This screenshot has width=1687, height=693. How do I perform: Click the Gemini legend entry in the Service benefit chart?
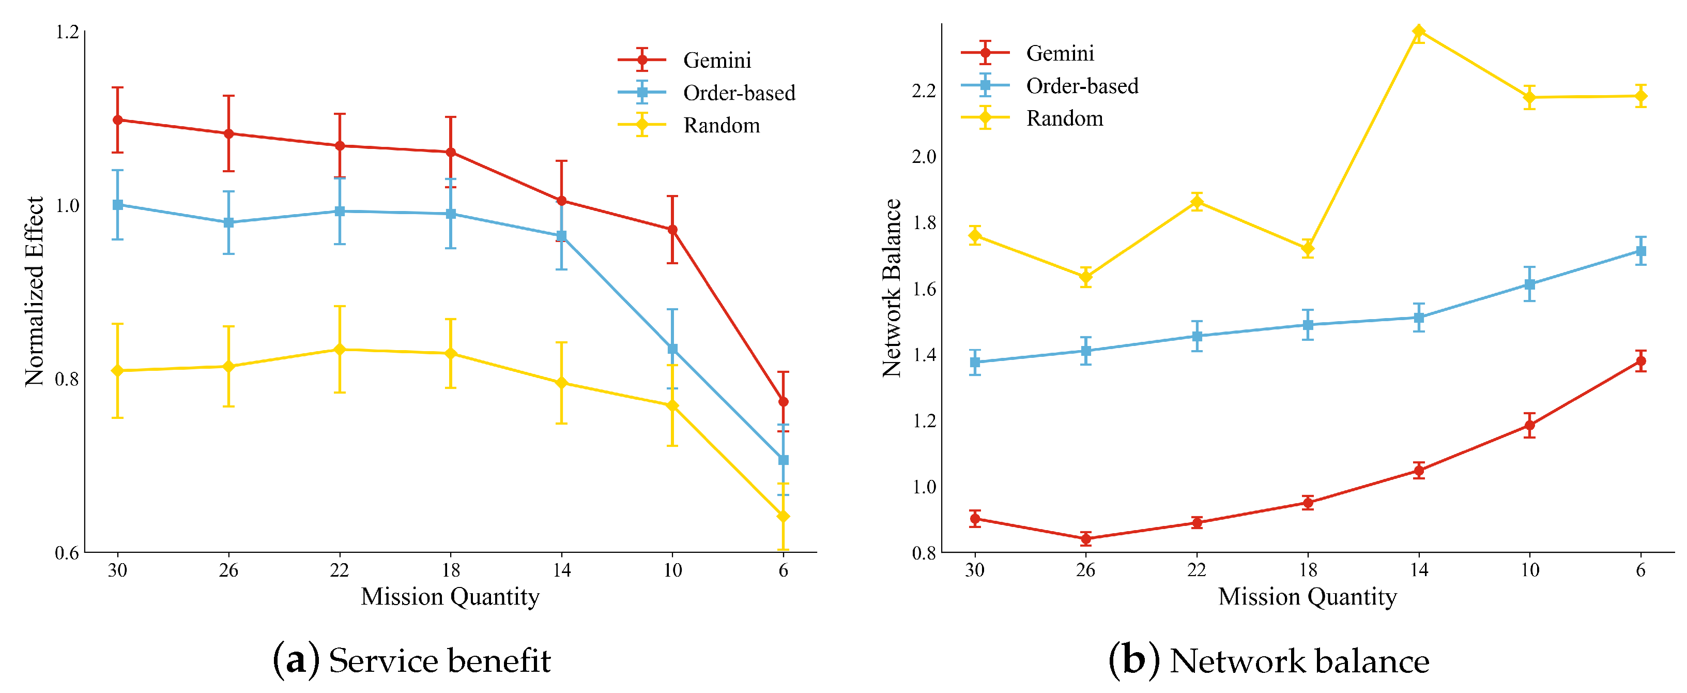pyautogui.click(x=716, y=61)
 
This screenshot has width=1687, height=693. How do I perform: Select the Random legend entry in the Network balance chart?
pyautogui.click(x=1064, y=118)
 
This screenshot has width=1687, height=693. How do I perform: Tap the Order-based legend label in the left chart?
pyautogui.click(x=739, y=93)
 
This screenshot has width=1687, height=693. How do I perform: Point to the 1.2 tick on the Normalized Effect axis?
pyautogui.click(x=67, y=32)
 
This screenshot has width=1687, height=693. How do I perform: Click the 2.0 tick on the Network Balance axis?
pyautogui.click(x=924, y=157)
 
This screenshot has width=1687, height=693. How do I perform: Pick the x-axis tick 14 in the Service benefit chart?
pyautogui.click(x=561, y=570)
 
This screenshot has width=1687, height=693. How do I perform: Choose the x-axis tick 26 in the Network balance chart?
pyautogui.click(x=1085, y=570)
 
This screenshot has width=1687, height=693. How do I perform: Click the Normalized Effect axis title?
pyautogui.click(x=34, y=292)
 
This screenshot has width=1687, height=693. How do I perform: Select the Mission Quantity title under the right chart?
pyautogui.click(x=1307, y=597)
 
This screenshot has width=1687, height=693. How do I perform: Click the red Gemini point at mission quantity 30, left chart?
pyautogui.click(x=118, y=120)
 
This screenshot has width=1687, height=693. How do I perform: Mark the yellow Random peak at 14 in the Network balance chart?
pyautogui.click(x=1418, y=32)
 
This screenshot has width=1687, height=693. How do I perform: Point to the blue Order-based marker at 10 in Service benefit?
pyautogui.click(x=672, y=349)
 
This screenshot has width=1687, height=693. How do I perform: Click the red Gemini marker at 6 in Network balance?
pyautogui.click(x=1640, y=361)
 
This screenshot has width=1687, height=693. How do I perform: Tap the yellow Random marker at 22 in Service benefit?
pyautogui.click(x=339, y=350)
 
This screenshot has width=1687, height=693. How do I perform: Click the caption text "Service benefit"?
pyautogui.click(x=439, y=660)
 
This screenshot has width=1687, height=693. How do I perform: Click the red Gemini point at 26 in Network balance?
pyautogui.click(x=1085, y=539)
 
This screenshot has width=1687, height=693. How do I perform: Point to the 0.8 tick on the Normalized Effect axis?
pyautogui.click(x=67, y=379)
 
